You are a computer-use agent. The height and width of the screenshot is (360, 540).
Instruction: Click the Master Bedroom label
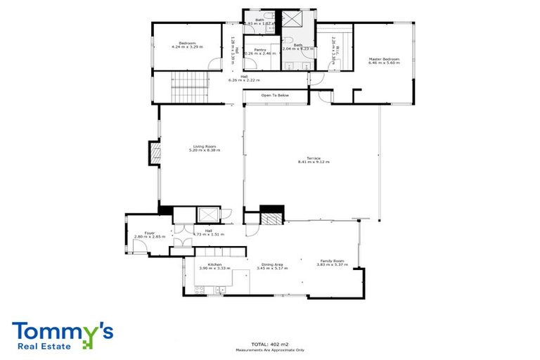[384, 58]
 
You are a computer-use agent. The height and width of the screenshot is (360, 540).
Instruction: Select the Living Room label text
[205, 146]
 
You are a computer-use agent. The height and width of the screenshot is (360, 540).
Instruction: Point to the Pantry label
[260, 49]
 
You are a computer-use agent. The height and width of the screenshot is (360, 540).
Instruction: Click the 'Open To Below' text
[275, 95]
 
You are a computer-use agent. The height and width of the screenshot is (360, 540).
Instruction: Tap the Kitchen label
[215, 264]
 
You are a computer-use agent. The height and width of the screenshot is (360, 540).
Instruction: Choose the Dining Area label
[269, 264]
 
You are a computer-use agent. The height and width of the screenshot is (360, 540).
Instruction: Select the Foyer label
[150, 233]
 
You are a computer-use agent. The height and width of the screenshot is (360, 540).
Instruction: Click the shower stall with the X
[290, 18]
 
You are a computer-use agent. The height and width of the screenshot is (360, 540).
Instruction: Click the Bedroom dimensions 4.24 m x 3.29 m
[187, 47]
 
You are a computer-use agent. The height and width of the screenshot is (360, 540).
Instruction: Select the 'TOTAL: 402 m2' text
[270, 342]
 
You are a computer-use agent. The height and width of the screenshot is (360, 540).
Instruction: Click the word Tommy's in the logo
[62, 330]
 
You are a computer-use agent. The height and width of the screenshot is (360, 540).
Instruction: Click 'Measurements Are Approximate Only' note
[270, 349]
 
